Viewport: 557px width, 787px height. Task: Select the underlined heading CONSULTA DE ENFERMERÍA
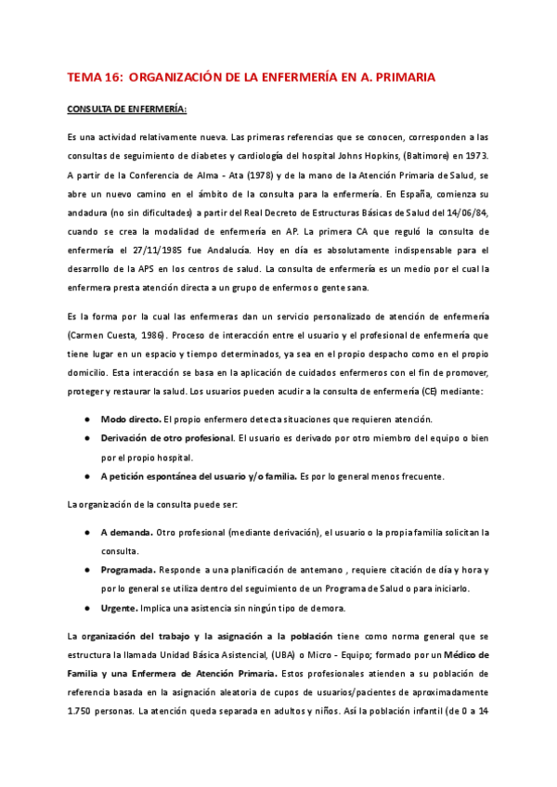[126, 110]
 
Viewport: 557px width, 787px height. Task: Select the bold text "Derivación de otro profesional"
[167, 437]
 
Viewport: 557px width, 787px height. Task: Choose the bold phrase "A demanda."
[127, 532]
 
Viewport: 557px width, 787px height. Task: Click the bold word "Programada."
[129, 569]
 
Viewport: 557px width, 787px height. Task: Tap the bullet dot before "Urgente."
[86, 609]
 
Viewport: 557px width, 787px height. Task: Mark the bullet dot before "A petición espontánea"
[86, 477]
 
